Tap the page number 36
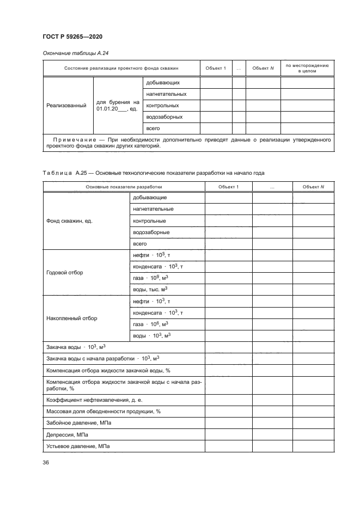(46, 463)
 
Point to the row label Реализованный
(65, 106)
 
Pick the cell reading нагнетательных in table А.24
(163, 94)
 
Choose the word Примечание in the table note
(72, 139)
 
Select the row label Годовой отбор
(65, 272)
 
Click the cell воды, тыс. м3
(151, 290)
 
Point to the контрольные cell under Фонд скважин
(149, 221)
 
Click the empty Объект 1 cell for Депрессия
(228, 435)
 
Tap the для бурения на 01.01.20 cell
(118, 106)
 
